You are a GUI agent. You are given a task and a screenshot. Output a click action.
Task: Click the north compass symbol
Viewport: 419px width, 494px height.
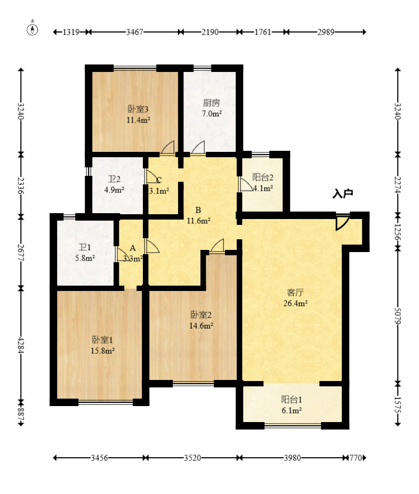[x=32, y=28]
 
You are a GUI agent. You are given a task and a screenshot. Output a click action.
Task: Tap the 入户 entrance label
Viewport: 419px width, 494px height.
[x=343, y=193]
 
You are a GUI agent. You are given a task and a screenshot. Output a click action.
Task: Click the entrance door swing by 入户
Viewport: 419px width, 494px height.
[x=343, y=222]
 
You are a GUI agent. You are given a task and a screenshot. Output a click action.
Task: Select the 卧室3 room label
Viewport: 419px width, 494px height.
[x=138, y=109]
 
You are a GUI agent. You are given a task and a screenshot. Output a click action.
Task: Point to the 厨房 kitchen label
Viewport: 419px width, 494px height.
[x=212, y=103]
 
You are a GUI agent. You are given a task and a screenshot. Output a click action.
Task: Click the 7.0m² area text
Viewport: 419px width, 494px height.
[x=212, y=114]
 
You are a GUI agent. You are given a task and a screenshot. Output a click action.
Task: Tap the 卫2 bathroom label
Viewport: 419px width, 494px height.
[x=114, y=179]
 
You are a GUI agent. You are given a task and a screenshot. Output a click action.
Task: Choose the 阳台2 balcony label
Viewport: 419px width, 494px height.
[x=263, y=177]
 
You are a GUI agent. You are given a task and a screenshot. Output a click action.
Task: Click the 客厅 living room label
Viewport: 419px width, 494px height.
[x=295, y=293]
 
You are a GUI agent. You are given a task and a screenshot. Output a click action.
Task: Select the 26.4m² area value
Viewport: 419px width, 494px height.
[x=295, y=303]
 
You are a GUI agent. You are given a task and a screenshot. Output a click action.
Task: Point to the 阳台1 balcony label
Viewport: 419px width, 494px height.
[x=292, y=400]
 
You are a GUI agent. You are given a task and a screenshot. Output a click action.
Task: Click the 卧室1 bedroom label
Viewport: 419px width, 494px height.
[x=102, y=339]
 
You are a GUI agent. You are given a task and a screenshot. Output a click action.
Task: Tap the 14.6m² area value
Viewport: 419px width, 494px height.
[x=201, y=326]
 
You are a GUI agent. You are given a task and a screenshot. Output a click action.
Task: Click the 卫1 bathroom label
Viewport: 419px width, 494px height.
[x=85, y=247]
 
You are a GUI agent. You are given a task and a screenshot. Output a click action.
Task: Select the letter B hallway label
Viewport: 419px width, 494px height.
[x=198, y=210]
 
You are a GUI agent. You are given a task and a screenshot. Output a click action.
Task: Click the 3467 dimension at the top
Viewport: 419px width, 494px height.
[x=134, y=32]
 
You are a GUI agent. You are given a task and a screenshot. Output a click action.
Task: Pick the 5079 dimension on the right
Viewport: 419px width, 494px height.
[x=398, y=316]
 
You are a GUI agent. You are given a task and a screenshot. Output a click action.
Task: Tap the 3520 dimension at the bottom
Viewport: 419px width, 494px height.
[x=192, y=458]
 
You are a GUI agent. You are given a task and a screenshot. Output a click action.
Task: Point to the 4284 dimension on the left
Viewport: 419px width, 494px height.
[x=21, y=346]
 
